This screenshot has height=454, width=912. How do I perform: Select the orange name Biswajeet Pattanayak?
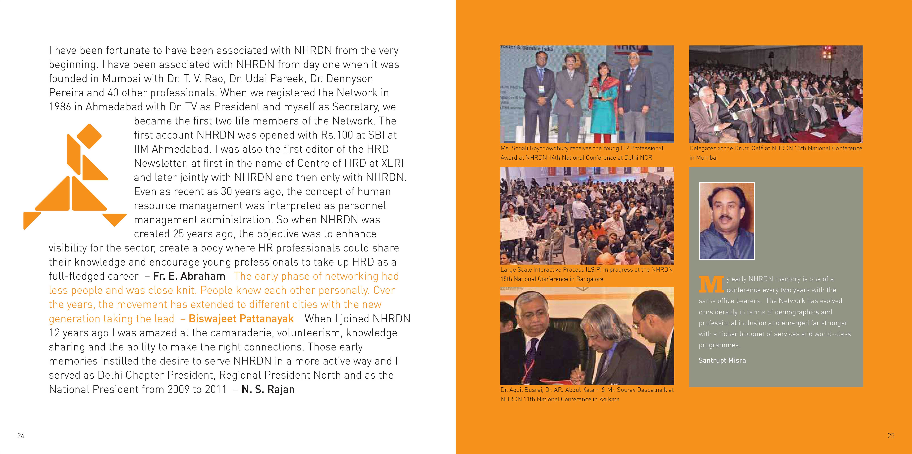tap(241, 318)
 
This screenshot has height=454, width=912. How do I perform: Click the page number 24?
tap(21, 436)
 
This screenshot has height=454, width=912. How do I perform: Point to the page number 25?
tap(891, 436)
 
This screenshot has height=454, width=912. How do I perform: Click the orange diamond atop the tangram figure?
tap(89, 136)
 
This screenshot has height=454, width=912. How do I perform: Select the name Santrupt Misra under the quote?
tap(722, 360)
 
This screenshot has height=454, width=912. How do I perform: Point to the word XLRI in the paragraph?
tap(392, 163)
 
